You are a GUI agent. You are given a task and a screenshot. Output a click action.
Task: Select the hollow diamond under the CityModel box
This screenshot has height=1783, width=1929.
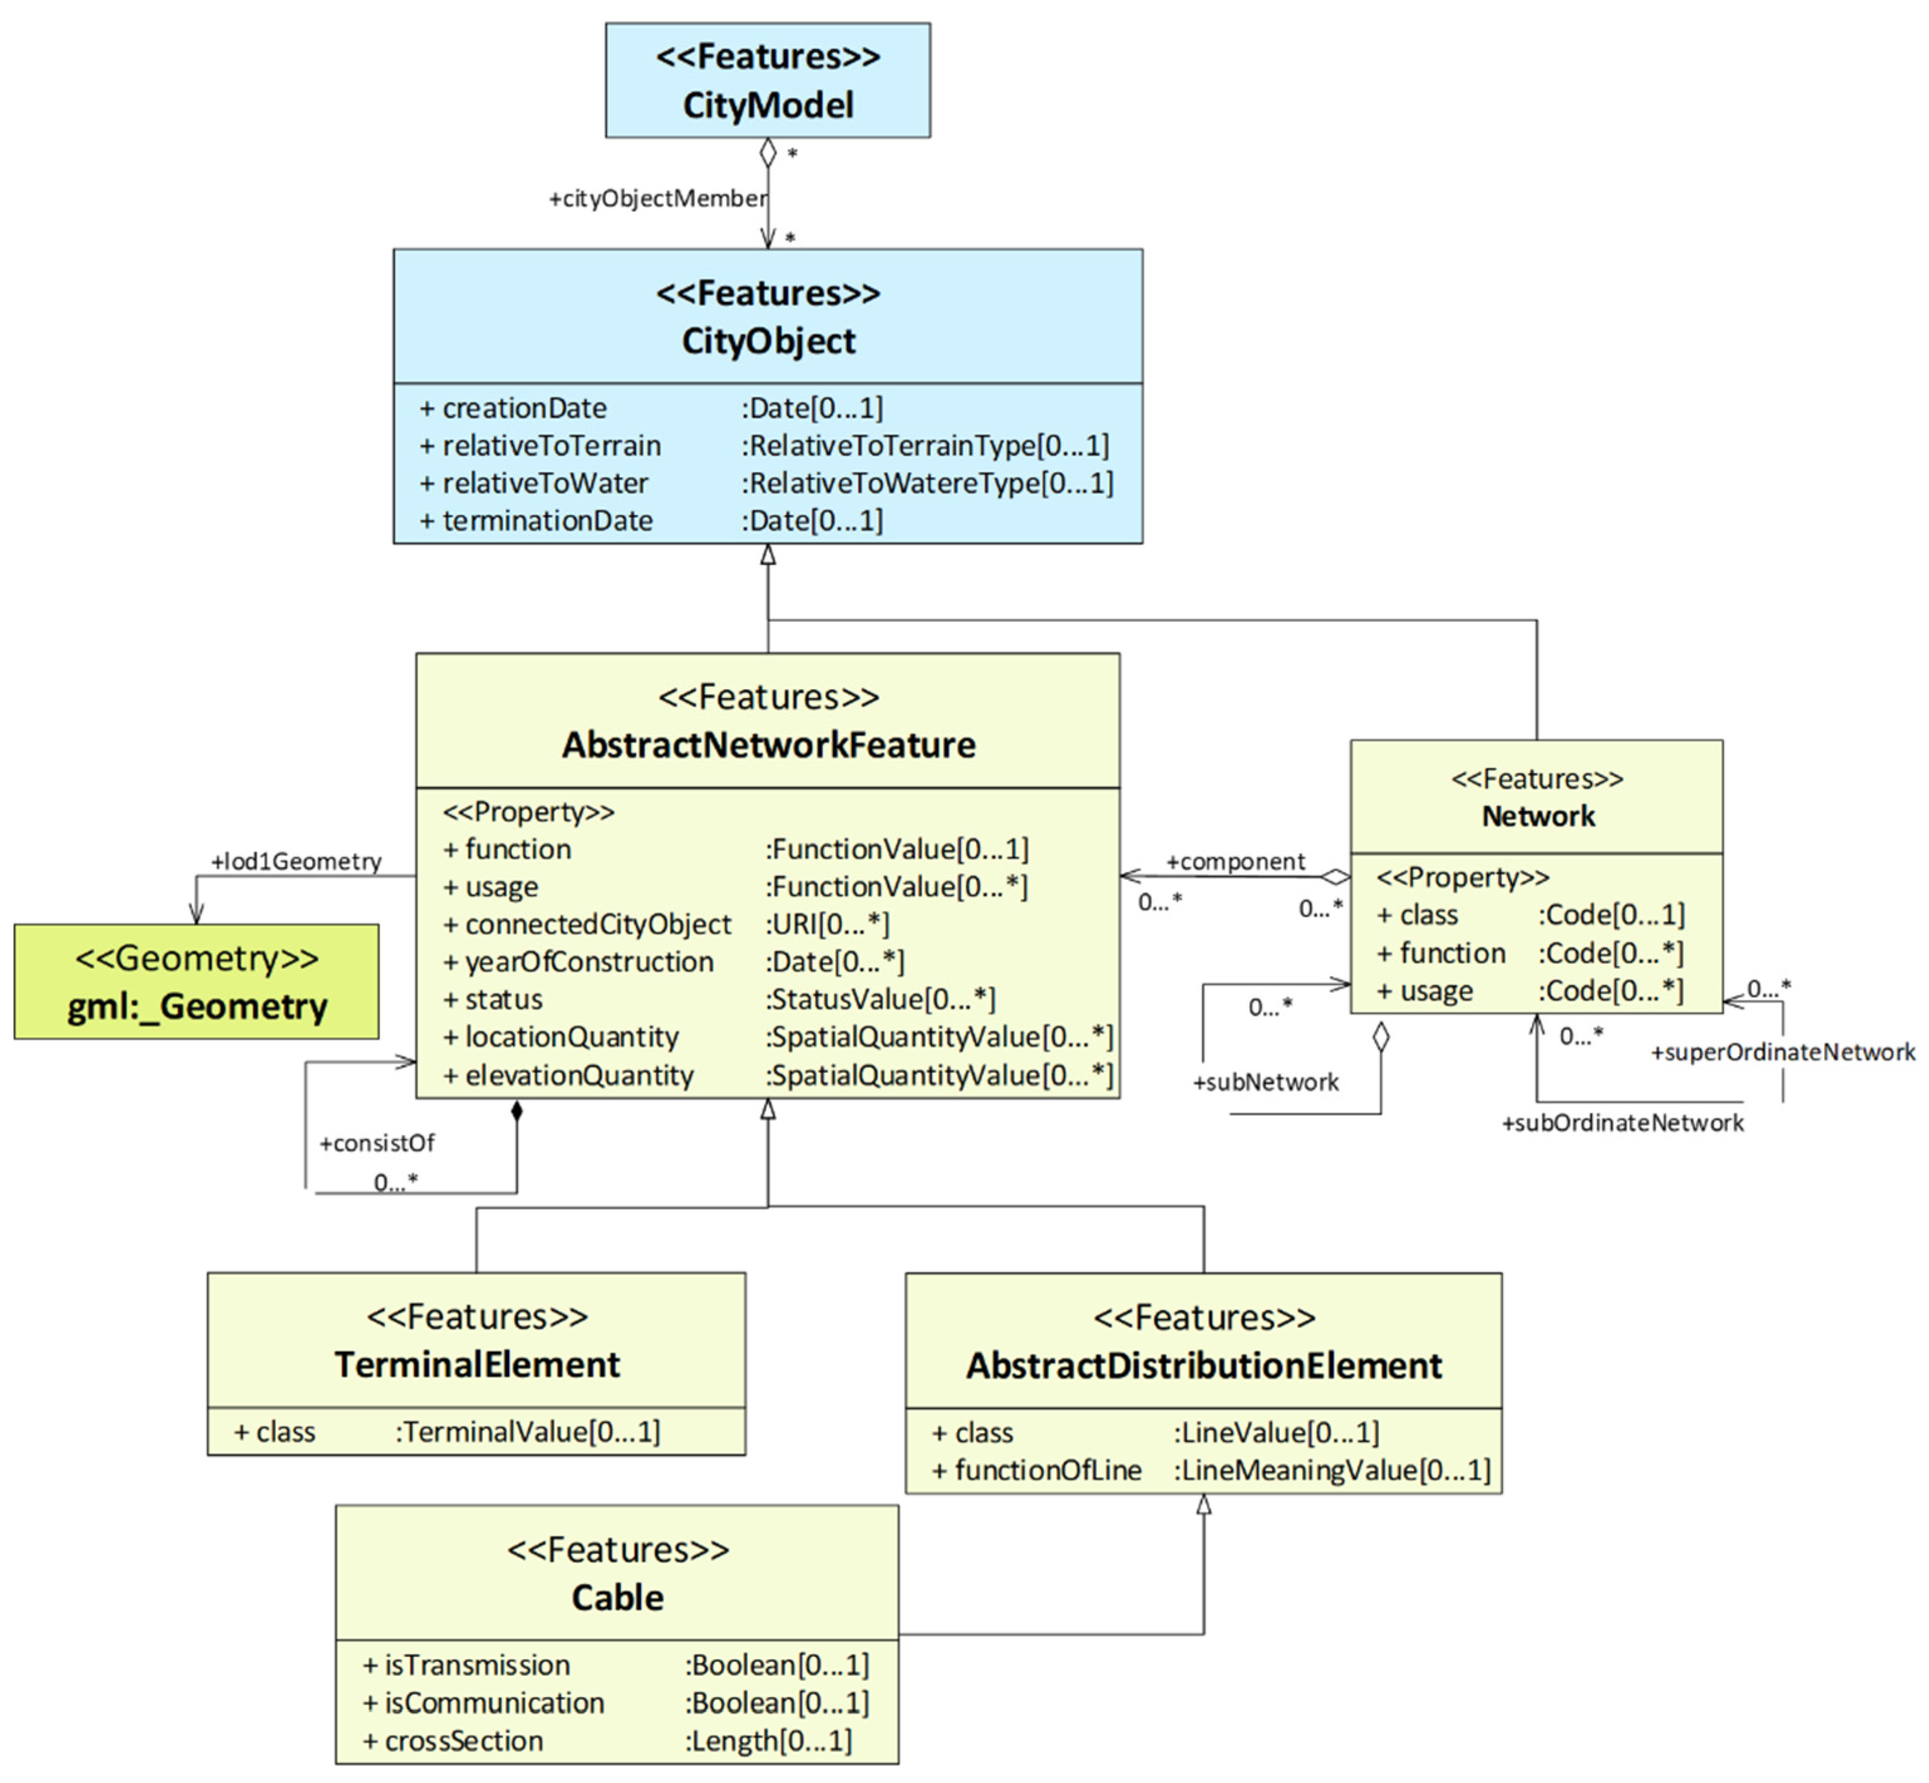click(767, 152)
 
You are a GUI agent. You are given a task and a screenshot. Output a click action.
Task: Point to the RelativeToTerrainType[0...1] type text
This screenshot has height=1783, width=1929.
click(925, 446)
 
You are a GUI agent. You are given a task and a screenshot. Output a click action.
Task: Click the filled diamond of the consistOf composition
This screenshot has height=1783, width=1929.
click(516, 1111)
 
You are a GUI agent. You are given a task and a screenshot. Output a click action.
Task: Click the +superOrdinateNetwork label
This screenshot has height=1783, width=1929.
click(1782, 1052)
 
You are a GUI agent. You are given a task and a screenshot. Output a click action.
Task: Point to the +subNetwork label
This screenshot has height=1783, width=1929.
click(1265, 1082)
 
